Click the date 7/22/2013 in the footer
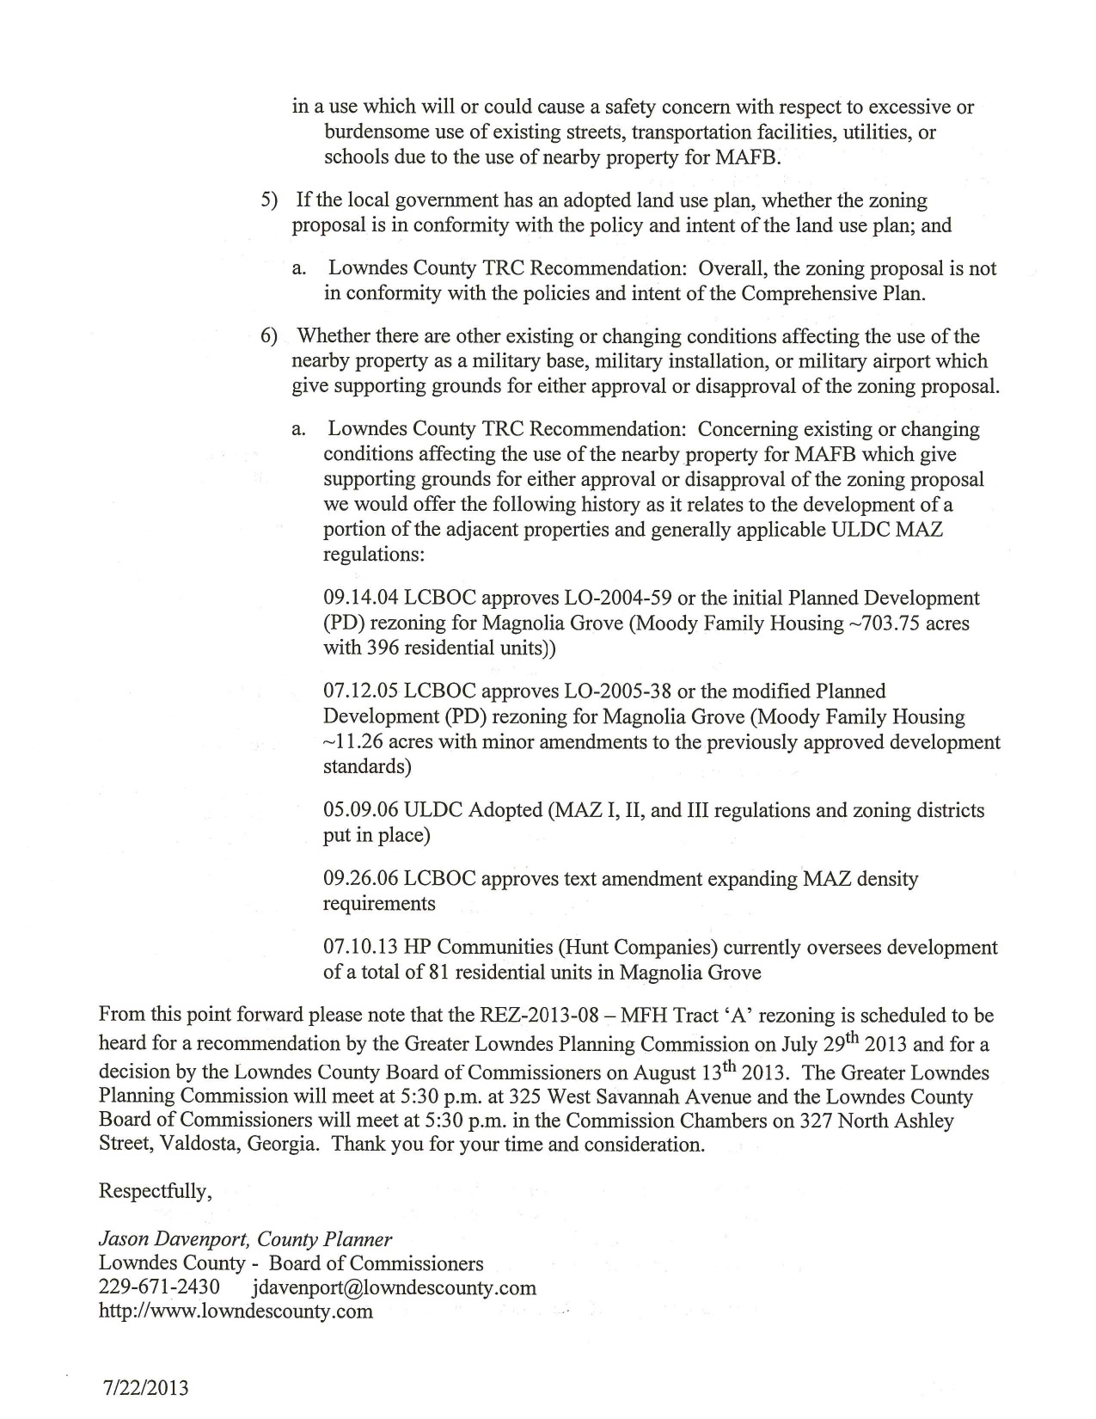point(144,1387)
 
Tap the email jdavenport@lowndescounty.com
point(395,1287)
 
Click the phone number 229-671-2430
point(159,1287)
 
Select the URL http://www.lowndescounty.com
point(236,1311)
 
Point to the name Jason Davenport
point(174,1239)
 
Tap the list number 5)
point(270,201)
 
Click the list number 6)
point(270,336)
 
